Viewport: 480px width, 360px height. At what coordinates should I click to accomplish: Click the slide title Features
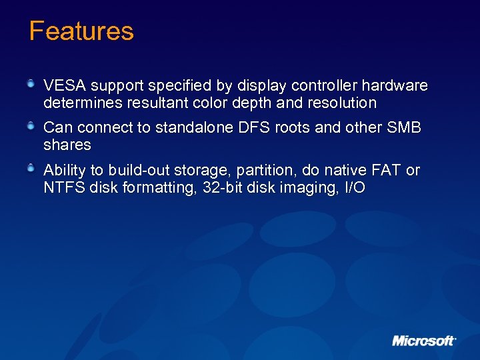81,31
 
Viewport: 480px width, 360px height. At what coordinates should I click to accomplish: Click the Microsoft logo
424,340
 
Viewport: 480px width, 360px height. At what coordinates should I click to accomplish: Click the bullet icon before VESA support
31,83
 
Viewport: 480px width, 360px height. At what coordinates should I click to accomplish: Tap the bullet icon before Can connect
31,125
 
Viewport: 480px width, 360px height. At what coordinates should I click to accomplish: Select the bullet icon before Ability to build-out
31,167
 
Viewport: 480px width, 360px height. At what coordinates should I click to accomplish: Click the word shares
67,145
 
